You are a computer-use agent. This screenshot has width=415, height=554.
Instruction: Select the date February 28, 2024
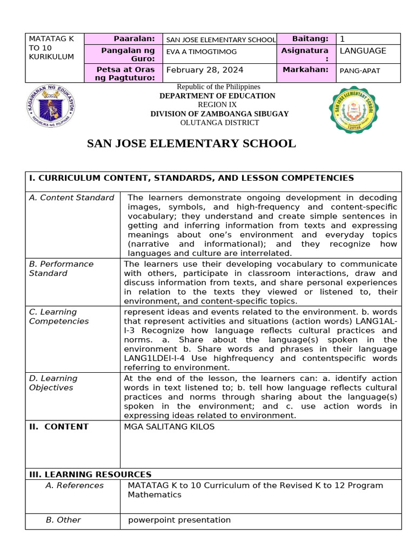205,70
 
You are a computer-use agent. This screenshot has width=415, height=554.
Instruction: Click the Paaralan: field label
135,39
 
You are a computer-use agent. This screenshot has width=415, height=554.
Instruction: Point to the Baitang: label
310,39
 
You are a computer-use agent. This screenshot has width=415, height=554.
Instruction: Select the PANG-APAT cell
360,70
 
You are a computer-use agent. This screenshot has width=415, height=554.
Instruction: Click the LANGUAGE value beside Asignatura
363,51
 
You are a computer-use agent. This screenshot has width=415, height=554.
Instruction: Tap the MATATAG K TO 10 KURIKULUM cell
52,48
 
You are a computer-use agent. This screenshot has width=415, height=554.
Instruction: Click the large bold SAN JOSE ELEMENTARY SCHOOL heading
191,144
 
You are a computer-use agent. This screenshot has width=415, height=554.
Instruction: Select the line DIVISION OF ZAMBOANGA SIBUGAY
219,114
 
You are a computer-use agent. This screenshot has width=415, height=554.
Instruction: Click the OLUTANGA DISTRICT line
219,123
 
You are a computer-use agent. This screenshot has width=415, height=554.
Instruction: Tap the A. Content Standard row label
71,197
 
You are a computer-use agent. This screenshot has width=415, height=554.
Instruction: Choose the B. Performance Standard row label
61,268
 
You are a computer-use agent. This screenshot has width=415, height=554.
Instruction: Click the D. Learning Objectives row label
53,383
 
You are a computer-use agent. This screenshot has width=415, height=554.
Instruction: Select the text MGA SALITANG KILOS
169,427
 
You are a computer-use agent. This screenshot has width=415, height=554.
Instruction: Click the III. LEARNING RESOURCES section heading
90,474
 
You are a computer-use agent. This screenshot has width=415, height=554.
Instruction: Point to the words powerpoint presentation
179,520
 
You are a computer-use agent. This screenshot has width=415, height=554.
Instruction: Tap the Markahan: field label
305,70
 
